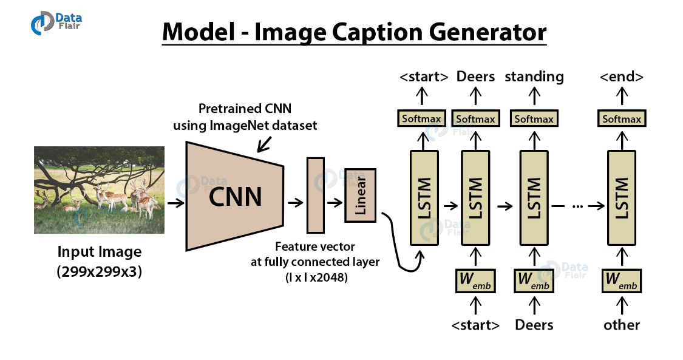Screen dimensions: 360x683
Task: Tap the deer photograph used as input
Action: (99, 190)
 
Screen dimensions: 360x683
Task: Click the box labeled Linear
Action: (361, 195)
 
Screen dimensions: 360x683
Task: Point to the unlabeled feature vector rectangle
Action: (315, 195)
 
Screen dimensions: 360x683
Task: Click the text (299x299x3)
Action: (100, 272)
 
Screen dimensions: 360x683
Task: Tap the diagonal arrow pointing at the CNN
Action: (265, 144)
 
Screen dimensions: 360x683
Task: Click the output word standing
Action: (534, 76)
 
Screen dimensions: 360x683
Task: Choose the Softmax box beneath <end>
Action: (622, 118)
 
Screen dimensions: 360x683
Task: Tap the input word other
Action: (622, 325)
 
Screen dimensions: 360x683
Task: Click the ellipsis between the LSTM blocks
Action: (577, 206)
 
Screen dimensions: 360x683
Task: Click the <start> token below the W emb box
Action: (475, 325)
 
